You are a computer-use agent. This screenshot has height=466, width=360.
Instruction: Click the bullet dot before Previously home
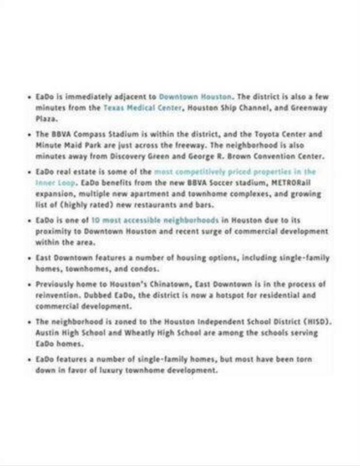click(x=30, y=284)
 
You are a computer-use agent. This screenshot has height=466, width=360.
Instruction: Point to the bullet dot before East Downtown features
click(x=30, y=257)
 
